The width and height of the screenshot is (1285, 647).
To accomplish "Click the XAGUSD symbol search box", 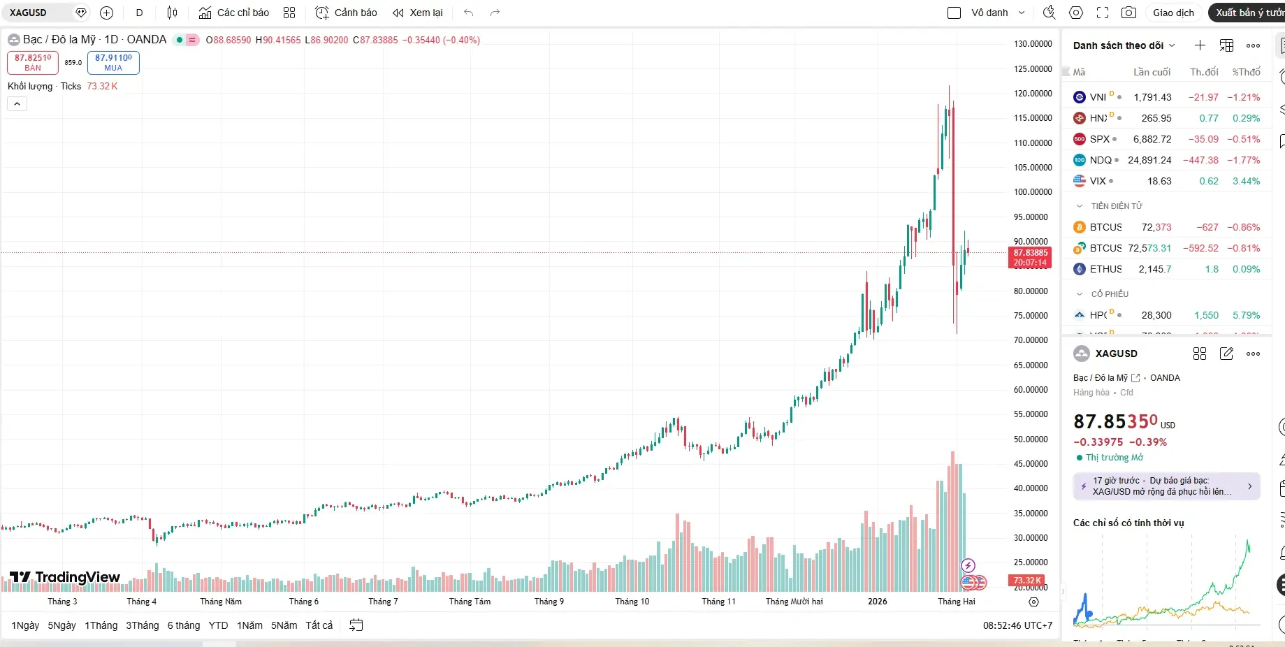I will [38, 13].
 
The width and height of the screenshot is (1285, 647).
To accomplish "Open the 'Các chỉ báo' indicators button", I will [234, 13].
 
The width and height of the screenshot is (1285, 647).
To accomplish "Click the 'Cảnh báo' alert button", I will [347, 13].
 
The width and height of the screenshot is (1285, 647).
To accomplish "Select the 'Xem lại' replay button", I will [418, 13].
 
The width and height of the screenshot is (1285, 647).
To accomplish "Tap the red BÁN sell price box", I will [33, 62].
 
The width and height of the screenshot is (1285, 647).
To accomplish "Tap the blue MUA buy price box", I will [113, 62].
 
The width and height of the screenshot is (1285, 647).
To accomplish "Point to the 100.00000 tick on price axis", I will [1033, 192].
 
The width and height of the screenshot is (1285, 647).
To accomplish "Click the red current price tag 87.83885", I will [1030, 257].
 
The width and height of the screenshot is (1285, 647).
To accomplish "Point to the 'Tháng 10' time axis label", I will [632, 602].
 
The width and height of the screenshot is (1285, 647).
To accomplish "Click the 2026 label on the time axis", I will [877, 602].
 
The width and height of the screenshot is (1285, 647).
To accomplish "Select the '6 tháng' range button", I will [184, 625].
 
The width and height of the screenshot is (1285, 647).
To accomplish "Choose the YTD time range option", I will [218, 625].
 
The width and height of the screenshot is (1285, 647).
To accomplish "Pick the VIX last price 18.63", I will [1159, 181].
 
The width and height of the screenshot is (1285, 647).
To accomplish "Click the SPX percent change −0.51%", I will [1244, 139].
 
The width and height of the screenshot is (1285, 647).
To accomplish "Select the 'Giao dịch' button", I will [1173, 13].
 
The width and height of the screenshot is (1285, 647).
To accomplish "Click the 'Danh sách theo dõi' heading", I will [1118, 45].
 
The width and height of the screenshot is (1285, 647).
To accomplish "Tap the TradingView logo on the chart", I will [65, 577].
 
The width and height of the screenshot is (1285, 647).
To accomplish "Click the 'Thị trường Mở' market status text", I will [1114, 458].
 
